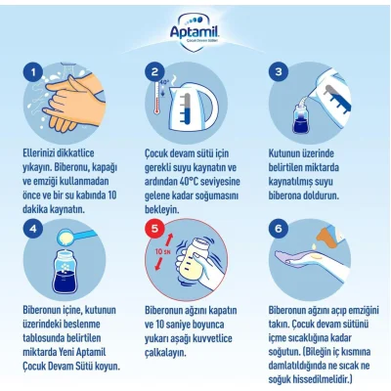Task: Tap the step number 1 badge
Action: [x=33, y=72]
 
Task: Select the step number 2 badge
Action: [x=154, y=72]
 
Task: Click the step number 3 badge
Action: [x=279, y=72]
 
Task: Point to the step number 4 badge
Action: [x=33, y=229]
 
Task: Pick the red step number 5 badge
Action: [x=154, y=229]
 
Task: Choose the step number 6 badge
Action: [x=279, y=229]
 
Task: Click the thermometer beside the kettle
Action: [x=157, y=98]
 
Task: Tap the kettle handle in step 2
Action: [x=209, y=105]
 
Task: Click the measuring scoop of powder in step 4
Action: [x=77, y=237]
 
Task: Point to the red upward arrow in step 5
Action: [x=168, y=241]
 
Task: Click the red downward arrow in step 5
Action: [x=158, y=263]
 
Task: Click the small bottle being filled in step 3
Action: [x=301, y=118]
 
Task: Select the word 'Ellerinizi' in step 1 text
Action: [x=36, y=152]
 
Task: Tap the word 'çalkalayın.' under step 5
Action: [x=166, y=353]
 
